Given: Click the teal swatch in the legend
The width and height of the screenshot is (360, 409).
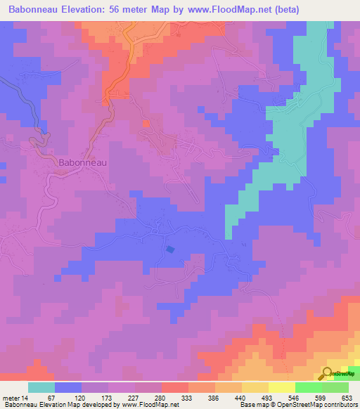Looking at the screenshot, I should coord(41,387).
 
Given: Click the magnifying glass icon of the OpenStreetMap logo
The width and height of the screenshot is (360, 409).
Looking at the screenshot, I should coord(328,373).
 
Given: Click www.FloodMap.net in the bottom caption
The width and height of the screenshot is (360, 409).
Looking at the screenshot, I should coord(149,405).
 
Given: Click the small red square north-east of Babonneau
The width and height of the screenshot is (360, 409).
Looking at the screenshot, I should coord(146,124).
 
